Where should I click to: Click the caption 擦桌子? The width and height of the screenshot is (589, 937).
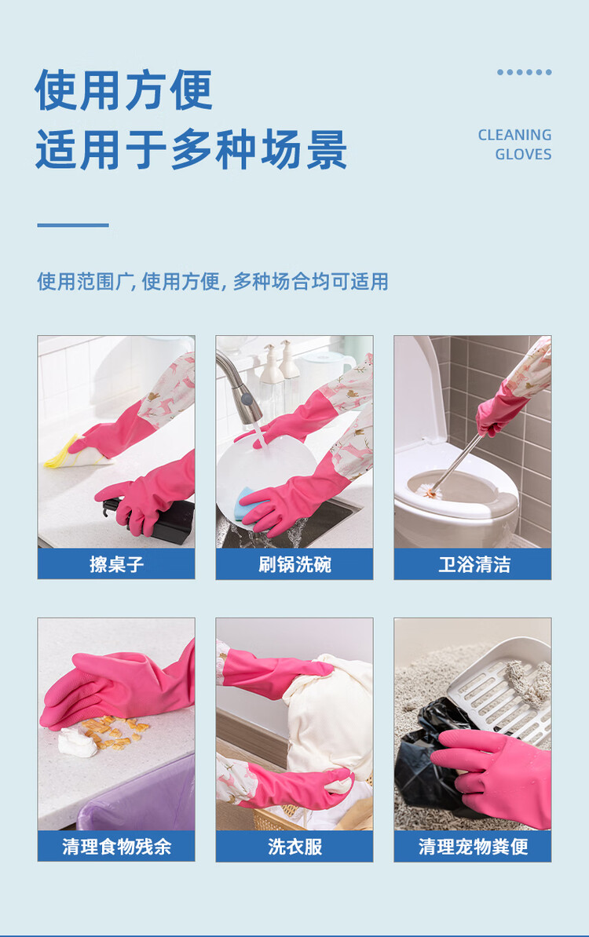[116, 564]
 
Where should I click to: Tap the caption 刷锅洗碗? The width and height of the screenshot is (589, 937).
[294, 564]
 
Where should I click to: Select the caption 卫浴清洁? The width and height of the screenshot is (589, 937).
[473, 564]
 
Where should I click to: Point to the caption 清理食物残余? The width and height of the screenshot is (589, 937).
[116, 846]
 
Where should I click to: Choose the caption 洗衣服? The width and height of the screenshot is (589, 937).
[294, 846]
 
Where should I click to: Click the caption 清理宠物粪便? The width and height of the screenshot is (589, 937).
[473, 846]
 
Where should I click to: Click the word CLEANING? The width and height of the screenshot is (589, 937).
[514, 135]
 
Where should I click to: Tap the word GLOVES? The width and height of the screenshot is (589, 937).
[523, 154]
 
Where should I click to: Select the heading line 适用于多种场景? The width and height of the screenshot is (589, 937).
[192, 149]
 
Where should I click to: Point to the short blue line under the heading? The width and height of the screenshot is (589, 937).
[73, 225]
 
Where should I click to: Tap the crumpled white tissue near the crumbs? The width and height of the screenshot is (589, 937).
[77, 743]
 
